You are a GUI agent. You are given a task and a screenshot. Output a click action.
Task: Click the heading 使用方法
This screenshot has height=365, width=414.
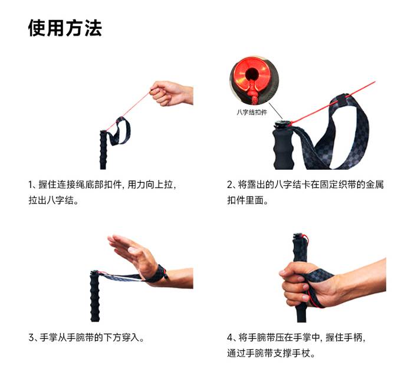[x=65, y=28]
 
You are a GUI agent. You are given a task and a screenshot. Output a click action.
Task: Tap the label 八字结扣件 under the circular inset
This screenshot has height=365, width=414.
[x=252, y=113]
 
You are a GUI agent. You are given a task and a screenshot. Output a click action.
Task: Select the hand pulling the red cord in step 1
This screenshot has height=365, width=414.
[x=171, y=93]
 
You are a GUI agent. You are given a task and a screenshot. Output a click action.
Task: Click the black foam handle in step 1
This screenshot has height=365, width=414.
[x=103, y=150]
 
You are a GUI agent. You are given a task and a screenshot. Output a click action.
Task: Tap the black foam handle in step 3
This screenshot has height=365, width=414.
[x=95, y=296]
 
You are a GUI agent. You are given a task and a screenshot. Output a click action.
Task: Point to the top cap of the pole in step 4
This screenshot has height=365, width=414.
[x=298, y=236]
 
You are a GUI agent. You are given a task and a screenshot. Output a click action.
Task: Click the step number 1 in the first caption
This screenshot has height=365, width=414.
[x=30, y=185]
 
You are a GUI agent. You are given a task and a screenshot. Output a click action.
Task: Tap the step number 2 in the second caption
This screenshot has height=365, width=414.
[x=229, y=185]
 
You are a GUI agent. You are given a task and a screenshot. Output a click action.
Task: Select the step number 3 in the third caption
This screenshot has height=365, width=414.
[x=31, y=337]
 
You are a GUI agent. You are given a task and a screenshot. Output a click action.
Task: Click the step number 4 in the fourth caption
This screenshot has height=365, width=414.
[x=230, y=337]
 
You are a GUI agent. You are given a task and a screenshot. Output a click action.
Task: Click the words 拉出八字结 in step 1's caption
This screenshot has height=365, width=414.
[x=51, y=200]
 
